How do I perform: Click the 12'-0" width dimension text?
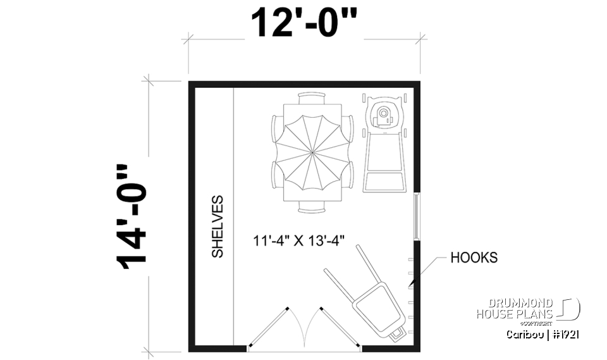[304, 23]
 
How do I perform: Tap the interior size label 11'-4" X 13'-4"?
[302, 241]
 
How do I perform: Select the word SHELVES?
[218, 226]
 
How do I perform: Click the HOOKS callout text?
[474, 258]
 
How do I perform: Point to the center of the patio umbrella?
[314, 152]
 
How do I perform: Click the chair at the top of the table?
[314, 97]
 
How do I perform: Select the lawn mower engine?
[383, 115]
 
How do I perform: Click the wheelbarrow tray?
[377, 307]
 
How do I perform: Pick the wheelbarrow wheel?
[398, 333]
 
